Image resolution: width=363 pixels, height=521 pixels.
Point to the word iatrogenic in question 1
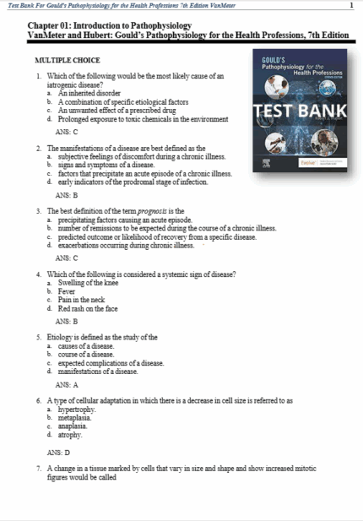64,84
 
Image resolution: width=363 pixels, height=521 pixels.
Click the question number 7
39,467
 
